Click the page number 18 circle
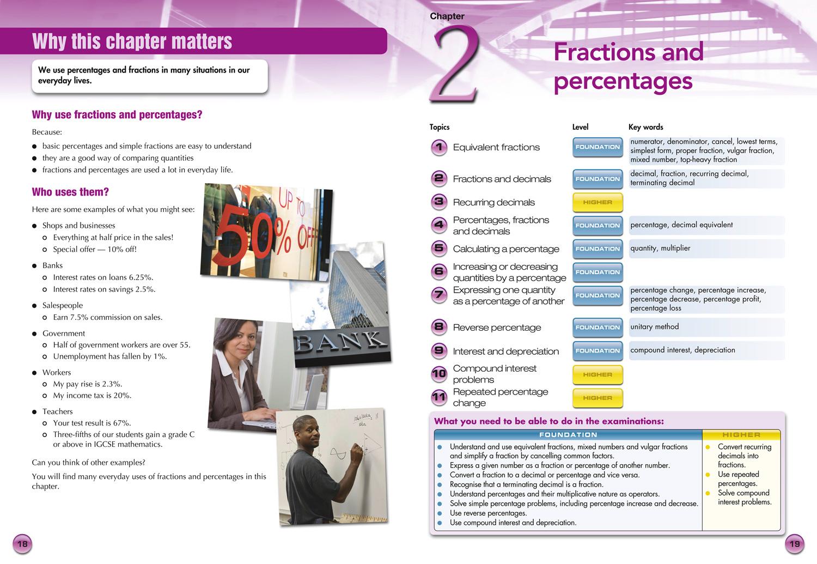pyautogui.click(x=22, y=544)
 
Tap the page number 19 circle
pyautogui.click(x=795, y=544)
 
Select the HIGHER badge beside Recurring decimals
pyautogui.click(x=597, y=202)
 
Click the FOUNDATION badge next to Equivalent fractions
pyautogui.click(x=597, y=147)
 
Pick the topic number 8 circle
pyautogui.click(x=439, y=327)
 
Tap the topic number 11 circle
pyautogui.click(x=439, y=397)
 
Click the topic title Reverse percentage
pyautogui.click(x=497, y=328)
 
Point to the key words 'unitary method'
pyautogui.click(x=655, y=327)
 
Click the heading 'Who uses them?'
pyautogui.click(x=70, y=192)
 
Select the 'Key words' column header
pyautogui.click(x=645, y=127)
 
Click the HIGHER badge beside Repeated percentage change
pyautogui.click(x=597, y=398)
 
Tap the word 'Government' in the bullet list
pyautogui.click(x=64, y=333)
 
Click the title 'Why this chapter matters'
pyautogui.click(x=132, y=41)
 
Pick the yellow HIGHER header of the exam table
pyautogui.click(x=741, y=435)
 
